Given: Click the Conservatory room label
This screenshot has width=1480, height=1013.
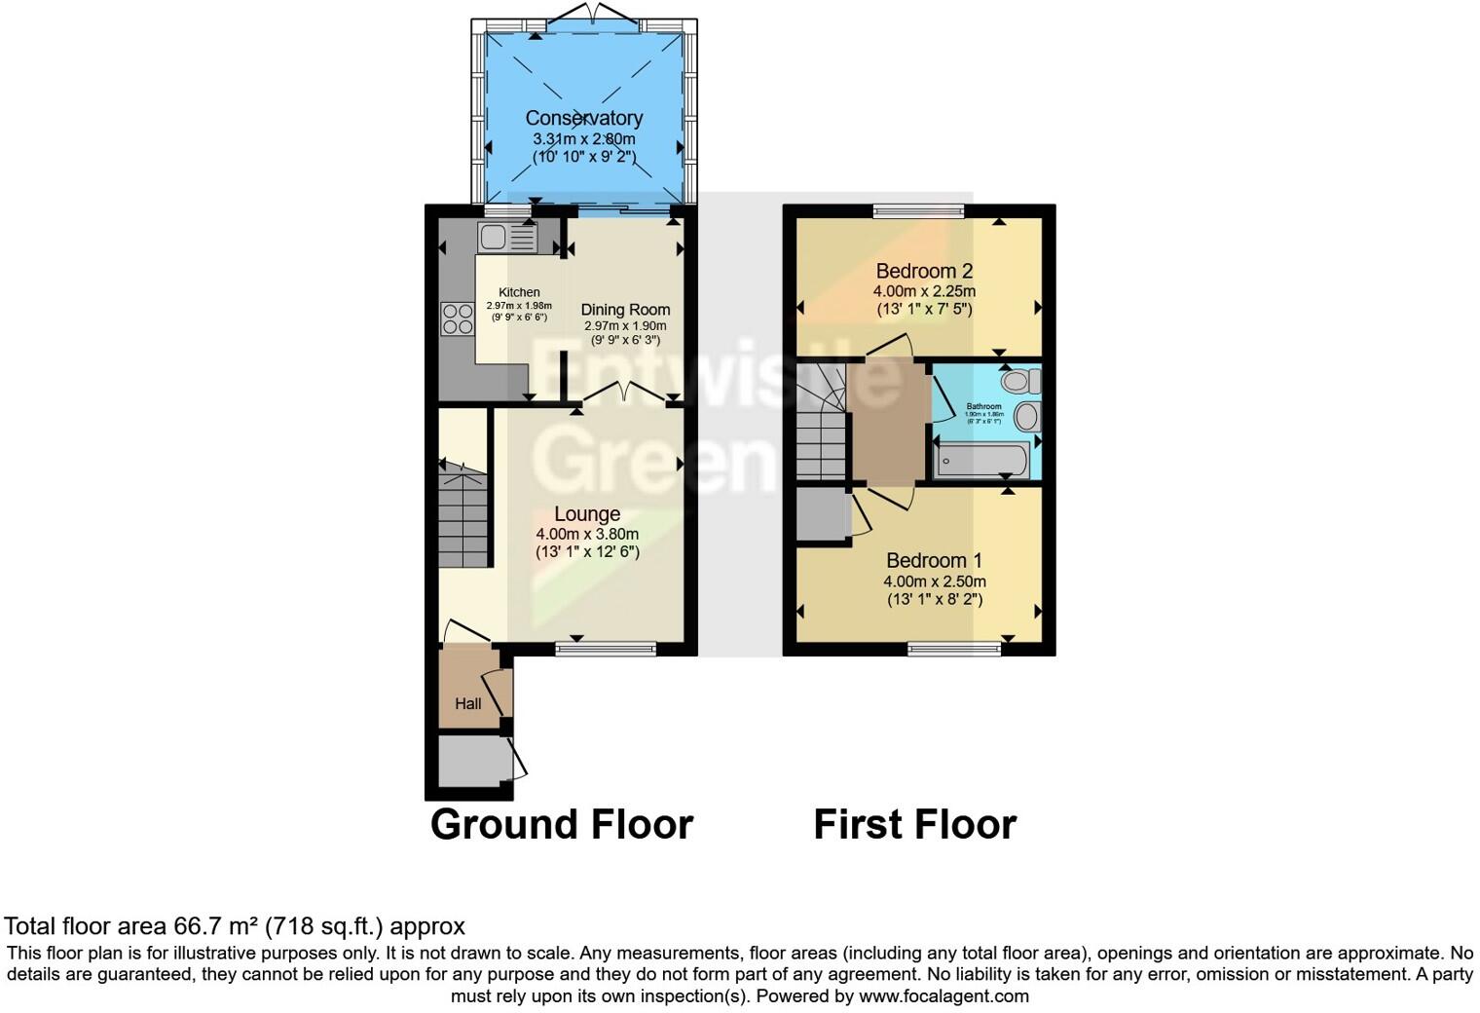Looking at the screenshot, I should pyautogui.click(x=584, y=118).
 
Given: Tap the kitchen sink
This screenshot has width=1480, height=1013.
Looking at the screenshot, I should pyautogui.click(x=507, y=237).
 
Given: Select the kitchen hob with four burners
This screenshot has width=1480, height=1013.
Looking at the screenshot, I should pyautogui.click(x=456, y=319).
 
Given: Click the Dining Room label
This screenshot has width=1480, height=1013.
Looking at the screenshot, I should pyautogui.click(x=625, y=310).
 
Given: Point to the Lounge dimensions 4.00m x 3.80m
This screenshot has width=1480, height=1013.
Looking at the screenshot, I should pyautogui.click(x=587, y=534).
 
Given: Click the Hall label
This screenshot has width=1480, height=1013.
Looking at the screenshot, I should pyautogui.click(x=468, y=703).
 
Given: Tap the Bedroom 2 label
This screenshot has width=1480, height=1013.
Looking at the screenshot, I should pyautogui.click(x=924, y=271).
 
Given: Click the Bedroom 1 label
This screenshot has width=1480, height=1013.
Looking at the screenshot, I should pyautogui.click(x=934, y=561).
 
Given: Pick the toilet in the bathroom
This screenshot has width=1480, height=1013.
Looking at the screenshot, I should pyautogui.click(x=1022, y=381).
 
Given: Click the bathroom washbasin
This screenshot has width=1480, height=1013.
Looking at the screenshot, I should pyautogui.click(x=1026, y=418).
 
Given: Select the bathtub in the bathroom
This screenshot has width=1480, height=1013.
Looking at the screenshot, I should pyautogui.click(x=980, y=459).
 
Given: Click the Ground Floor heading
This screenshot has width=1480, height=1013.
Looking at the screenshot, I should pyautogui.click(x=561, y=824).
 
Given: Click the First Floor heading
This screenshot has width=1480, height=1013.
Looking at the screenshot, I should pyautogui.click(x=914, y=824).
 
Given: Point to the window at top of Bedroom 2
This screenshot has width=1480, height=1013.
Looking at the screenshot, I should pyautogui.click(x=918, y=210).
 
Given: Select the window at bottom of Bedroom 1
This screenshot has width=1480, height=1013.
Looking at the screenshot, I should pyautogui.click(x=954, y=648).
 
